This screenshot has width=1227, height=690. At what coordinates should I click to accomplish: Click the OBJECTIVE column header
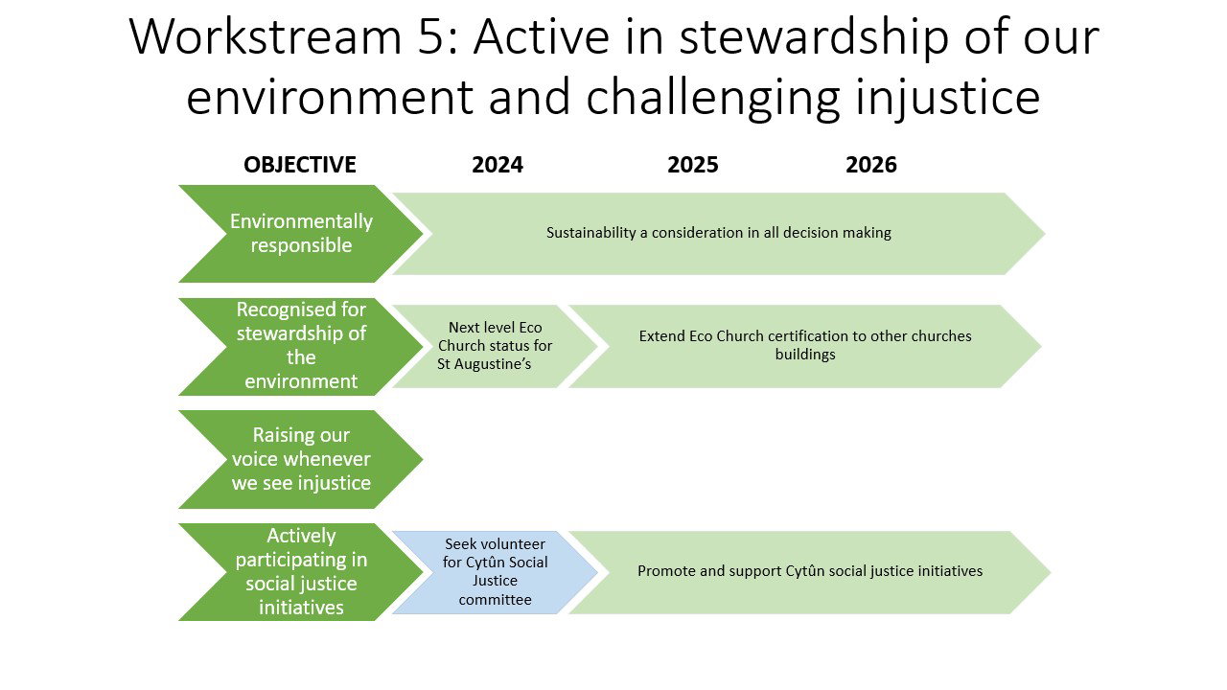click(300, 165)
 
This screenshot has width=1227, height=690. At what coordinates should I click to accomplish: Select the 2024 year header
click(498, 165)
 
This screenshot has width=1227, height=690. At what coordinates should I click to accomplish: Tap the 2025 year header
click(692, 165)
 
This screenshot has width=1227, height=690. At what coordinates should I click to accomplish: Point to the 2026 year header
click(871, 165)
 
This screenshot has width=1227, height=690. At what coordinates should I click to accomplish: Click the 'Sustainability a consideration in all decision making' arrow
click(719, 234)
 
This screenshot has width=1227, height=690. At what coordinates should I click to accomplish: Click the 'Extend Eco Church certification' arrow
click(805, 347)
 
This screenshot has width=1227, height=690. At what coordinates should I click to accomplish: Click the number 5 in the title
click(430, 37)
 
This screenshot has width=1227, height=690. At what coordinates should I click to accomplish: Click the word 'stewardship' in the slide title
click(814, 39)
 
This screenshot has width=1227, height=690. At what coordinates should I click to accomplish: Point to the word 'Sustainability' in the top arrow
click(591, 233)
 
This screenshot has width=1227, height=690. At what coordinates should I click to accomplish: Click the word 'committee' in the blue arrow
click(496, 600)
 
